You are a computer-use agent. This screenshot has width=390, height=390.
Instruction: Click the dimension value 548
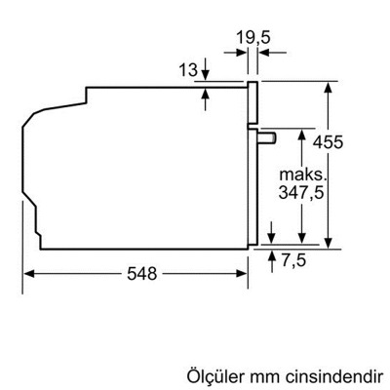139,274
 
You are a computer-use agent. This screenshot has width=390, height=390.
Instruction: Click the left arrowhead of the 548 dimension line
27,274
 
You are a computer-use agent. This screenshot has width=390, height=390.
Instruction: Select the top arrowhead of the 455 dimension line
331,86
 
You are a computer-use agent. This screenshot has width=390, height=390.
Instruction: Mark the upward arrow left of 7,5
270,252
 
